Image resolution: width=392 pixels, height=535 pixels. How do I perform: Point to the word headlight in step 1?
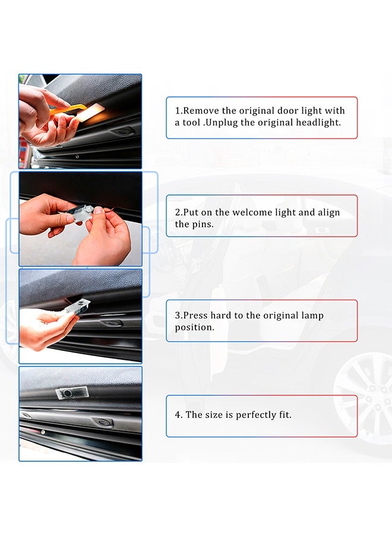coord(319,122)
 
